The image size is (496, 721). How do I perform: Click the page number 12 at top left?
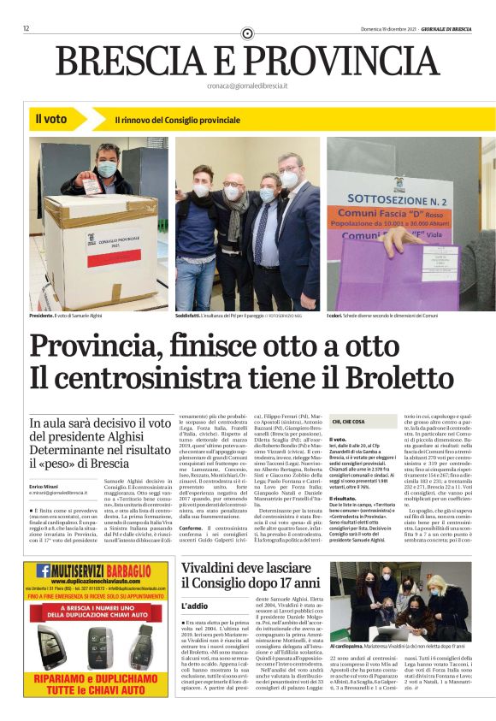(27, 28)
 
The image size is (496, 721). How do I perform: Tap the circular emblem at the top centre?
(248, 33)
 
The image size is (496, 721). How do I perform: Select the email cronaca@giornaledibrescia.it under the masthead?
(247, 87)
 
